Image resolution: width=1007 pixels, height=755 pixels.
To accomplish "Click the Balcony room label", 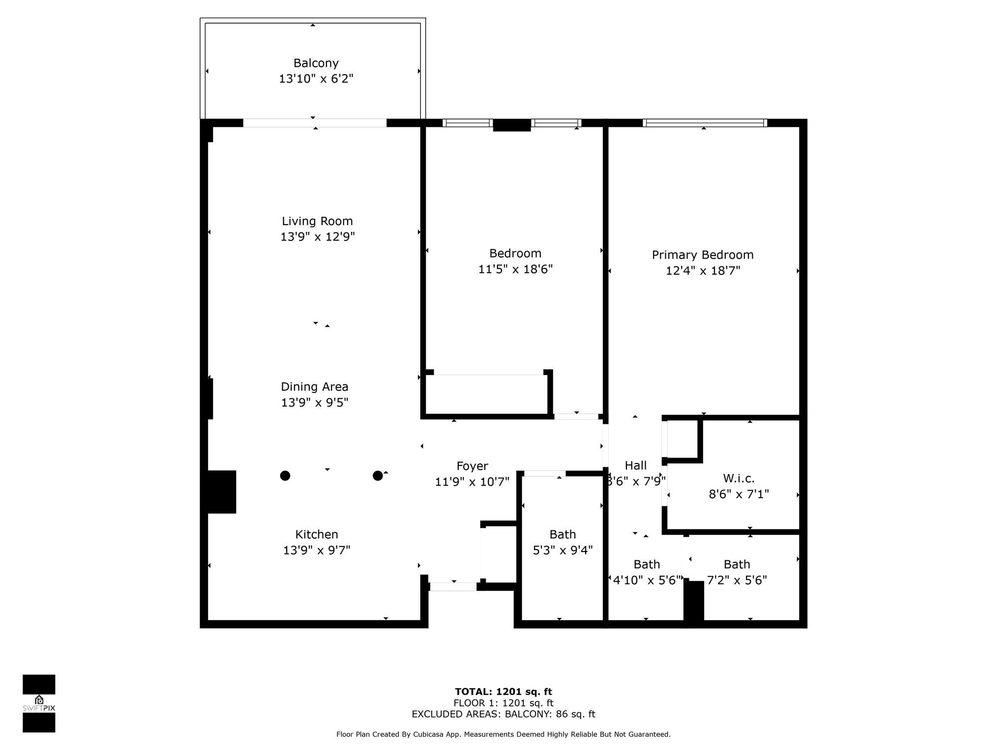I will coord(316,63).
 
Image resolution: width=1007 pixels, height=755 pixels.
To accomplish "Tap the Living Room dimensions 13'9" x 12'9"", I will coord(317,237).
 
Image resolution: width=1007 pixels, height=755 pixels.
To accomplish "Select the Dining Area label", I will coord(314,387).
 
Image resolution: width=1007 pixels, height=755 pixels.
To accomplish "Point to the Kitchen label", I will coord(316,534).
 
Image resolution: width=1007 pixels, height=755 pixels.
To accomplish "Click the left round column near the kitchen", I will coord(285,475).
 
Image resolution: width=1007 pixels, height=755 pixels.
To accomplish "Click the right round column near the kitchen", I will coord(378,475).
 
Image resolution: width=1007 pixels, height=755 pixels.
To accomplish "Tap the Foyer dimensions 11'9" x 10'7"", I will coord(472,482).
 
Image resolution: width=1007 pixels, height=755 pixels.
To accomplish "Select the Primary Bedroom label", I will coord(702,255).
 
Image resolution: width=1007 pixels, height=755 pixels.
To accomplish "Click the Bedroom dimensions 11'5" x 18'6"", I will coord(515,269).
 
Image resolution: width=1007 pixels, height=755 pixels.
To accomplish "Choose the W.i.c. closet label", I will coord(739,478).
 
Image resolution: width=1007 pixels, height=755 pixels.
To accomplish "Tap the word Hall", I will coord(635,465).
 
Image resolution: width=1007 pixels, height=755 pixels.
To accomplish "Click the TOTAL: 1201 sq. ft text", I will coord(503,692).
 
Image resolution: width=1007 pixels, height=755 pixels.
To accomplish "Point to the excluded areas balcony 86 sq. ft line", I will coord(503,714).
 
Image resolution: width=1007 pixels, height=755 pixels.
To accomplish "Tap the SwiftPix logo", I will coord(39,703).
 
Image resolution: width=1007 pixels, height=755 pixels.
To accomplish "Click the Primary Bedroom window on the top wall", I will coord(704,123).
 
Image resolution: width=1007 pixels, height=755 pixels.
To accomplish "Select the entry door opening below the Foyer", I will coord(453,586).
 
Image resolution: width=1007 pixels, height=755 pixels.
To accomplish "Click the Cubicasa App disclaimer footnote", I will coord(503,734).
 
